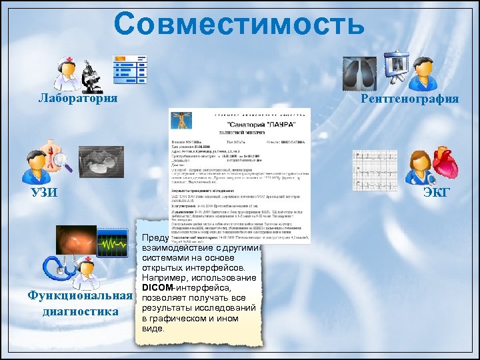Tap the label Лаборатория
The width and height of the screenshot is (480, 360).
(78, 99)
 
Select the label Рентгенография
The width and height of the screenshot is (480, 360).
(409, 99)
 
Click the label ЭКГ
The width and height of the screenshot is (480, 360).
(437, 193)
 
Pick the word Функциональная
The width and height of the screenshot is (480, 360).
(76, 296)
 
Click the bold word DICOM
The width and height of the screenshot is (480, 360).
(157, 287)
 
